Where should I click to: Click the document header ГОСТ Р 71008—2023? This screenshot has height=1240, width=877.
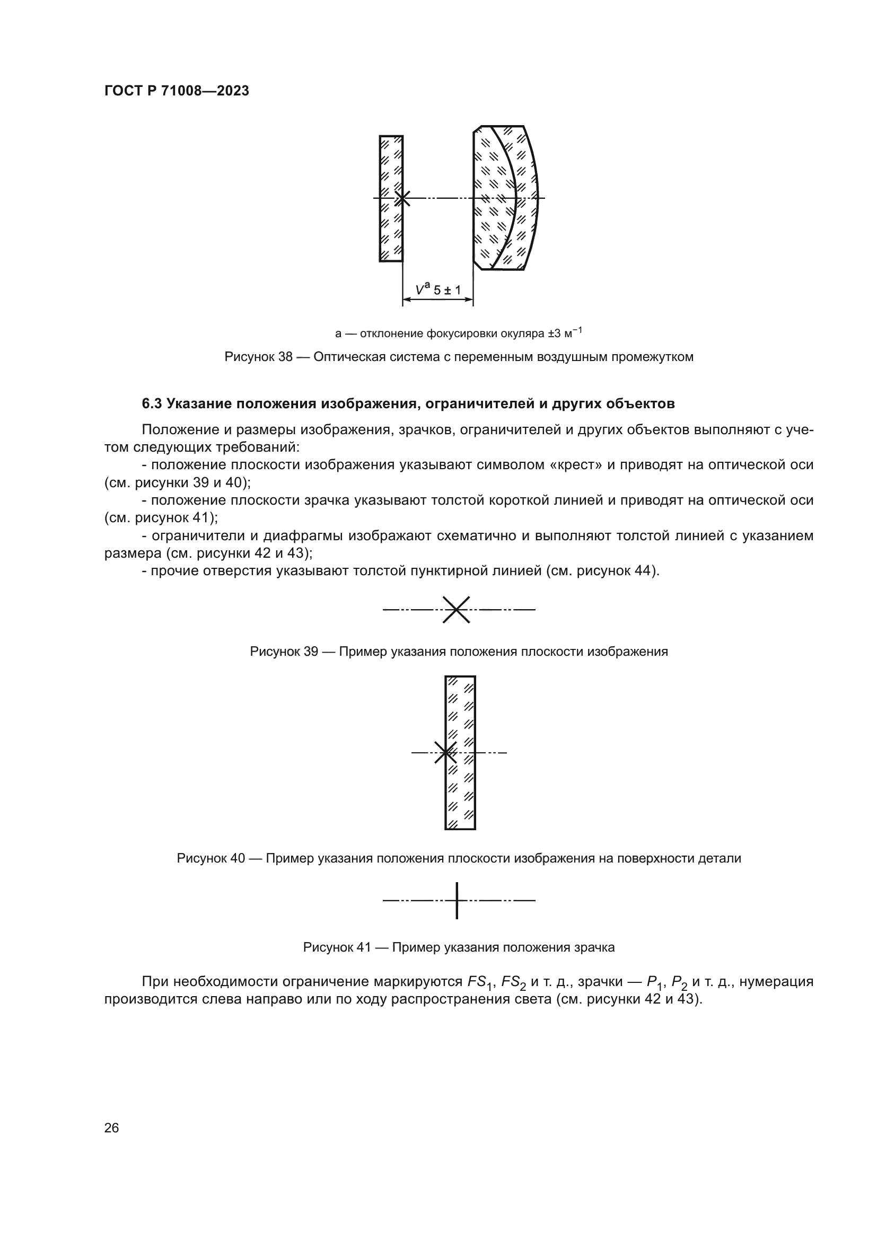[177, 91]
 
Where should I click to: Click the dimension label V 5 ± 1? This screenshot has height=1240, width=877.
[438, 291]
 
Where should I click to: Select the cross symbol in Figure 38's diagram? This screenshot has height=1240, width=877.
[402, 198]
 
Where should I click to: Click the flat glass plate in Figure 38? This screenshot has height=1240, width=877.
[391, 162]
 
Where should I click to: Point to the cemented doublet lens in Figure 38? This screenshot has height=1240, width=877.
[505, 162]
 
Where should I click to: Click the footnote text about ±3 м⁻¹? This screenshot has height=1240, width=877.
[459, 333]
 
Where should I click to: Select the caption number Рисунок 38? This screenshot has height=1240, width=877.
[258, 357]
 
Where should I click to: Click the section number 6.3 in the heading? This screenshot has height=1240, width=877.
[152, 403]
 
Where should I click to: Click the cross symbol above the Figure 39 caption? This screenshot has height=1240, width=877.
[457, 610]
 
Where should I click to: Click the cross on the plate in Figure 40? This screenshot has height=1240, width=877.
[445, 752]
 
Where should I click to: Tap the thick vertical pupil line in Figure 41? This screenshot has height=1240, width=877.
[457, 900]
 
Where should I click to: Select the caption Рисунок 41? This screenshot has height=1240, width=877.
[337, 947]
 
